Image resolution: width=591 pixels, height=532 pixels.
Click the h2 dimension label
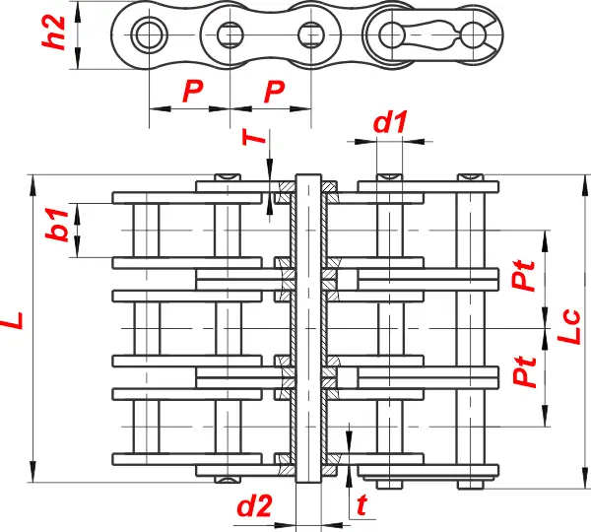point(54,33)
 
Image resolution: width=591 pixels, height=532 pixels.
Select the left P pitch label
point(193,91)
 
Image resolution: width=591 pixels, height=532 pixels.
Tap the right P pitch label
point(275,91)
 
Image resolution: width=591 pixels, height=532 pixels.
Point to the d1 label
point(390,122)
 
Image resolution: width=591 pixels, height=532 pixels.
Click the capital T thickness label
point(254,137)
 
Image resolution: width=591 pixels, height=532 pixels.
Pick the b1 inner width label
point(57,224)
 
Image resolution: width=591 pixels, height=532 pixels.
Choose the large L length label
point(12,320)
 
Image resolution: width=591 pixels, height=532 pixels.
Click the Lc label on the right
point(568,326)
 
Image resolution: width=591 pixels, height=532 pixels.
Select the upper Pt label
point(523,275)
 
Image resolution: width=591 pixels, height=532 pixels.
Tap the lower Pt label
point(524,371)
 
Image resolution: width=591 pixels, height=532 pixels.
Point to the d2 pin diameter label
point(254,505)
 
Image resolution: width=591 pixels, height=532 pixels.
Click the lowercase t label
point(361,504)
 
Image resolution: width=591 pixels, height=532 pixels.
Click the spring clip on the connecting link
point(445,34)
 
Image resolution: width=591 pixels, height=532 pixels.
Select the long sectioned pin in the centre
point(308,328)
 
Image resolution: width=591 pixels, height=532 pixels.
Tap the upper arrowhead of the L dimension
point(33,185)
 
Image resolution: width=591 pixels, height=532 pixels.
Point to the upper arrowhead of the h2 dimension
point(78,12)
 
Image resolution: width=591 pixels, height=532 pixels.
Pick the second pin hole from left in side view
point(230,34)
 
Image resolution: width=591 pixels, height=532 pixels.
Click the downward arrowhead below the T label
point(270,166)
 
